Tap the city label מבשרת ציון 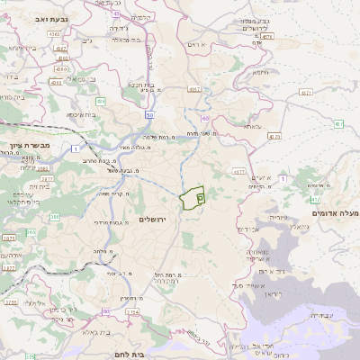[26, 146]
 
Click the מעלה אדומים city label [334, 212]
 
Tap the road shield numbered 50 [149, 115]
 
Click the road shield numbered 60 [205, 118]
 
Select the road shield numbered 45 [118, 13]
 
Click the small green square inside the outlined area [200, 195]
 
